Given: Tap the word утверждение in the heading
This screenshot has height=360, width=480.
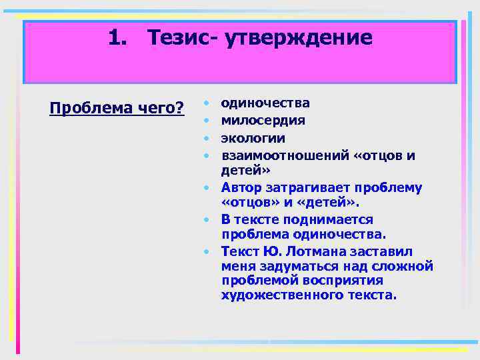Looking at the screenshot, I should coord(299,37).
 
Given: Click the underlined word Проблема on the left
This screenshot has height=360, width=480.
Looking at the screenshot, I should coord(83,107).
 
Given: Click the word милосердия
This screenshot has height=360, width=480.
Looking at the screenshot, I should coord(263,121).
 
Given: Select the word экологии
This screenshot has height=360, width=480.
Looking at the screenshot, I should coord(253,139).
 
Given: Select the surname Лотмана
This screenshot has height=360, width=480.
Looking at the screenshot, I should coord(311,251).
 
